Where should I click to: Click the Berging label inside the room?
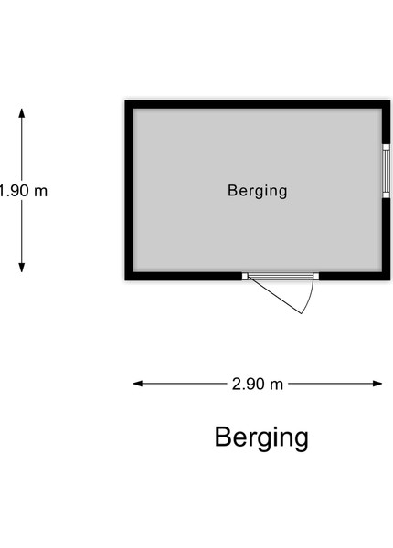pyautogui.click(x=258, y=191)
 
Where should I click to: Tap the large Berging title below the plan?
pyautogui.click(x=261, y=437)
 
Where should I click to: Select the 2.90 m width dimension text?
pyautogui.click(x=258, y=385)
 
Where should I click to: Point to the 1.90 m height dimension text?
pyautogui.click(x=23, y=191)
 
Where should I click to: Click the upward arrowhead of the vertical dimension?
pyautogui.click(x=22, y=113)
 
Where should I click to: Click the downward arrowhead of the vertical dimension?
pyautogui.click(x=22, y=268)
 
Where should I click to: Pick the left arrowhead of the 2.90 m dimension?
pyautogui.click(x=138, y=384)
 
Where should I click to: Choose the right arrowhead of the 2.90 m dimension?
pyautogui.click(x=377, y=384)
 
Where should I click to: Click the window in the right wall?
pyautogui.click(x=386, y=172)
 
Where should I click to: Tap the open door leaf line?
pyautogui.click(x=275, y=295)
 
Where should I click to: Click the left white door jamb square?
pyautogui.click(x=245, y=277)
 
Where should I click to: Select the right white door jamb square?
pyautogui.click(x=316, y=277)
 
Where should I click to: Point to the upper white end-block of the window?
pyautogui.click(x=386, y=147)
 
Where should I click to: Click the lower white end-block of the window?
pyautogui.click(x=386, y=195)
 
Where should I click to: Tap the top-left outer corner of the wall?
pyautogui.click(x=125, y=100)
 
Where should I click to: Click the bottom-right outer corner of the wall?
pyautogui.click(x=390, y=280)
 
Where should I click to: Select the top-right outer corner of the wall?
pyautogui.click(x=390, y=100)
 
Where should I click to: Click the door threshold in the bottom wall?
pyautogui.click(x=281, y=277)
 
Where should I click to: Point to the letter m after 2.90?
pyautogui.click(x=277, y=385)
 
